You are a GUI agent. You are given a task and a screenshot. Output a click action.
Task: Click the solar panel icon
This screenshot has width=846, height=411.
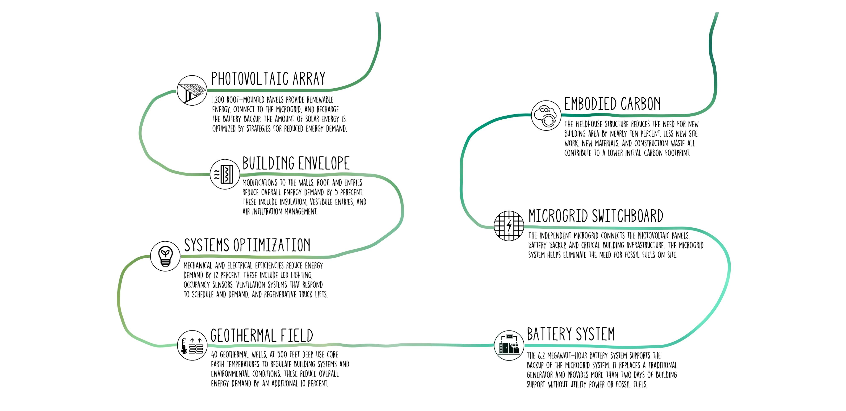[192, 90]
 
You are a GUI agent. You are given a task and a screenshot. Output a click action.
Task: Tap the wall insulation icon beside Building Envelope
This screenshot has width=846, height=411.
[225, 174]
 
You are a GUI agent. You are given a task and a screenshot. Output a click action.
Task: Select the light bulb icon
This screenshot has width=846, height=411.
[165, 256]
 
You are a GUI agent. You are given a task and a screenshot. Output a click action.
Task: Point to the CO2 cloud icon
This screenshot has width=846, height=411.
[546, 115]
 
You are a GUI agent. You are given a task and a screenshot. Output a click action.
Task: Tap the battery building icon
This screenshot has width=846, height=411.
[509, 345]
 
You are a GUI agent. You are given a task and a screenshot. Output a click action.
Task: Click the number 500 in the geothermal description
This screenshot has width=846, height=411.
[282, 354]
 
